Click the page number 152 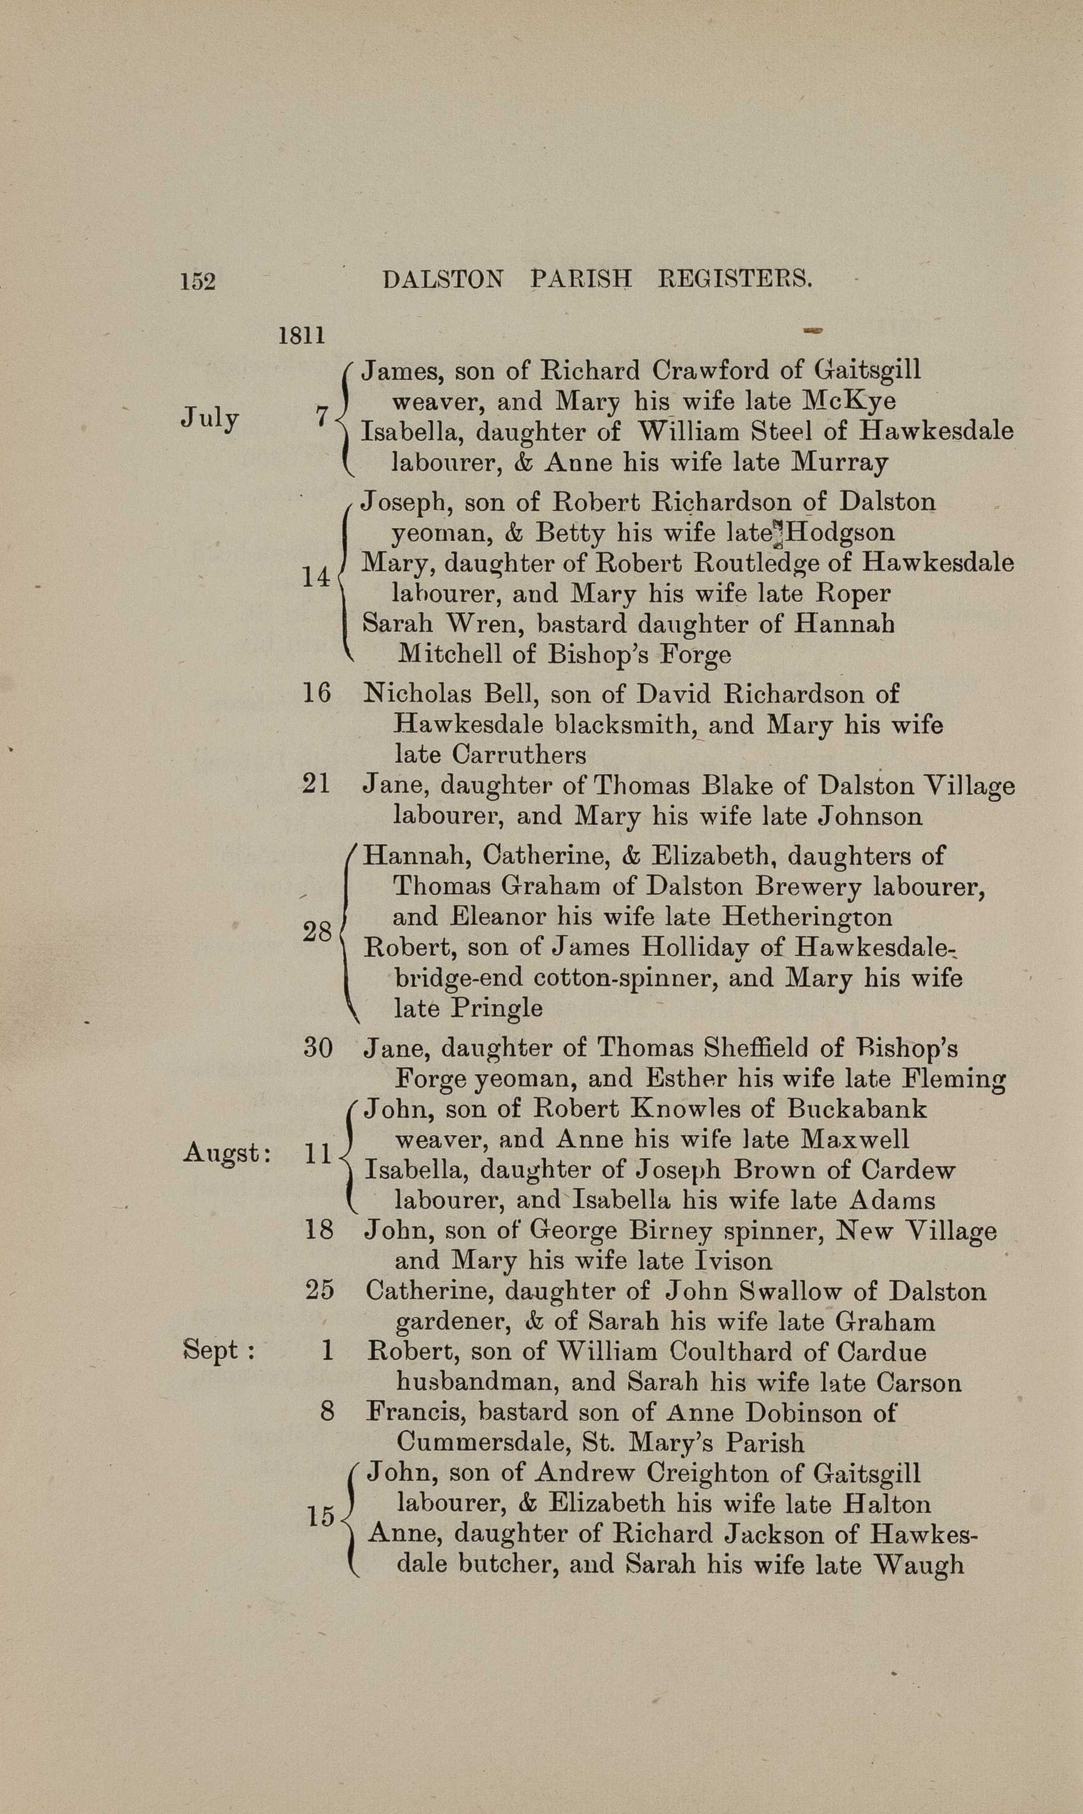[198, 281]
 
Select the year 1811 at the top [301, 336]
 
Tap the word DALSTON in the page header [443, 279]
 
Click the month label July [210, 418]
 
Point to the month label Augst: [227, 1153]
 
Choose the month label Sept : [218, 1350]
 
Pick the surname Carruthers [519, 754]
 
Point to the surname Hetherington [807, 917]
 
